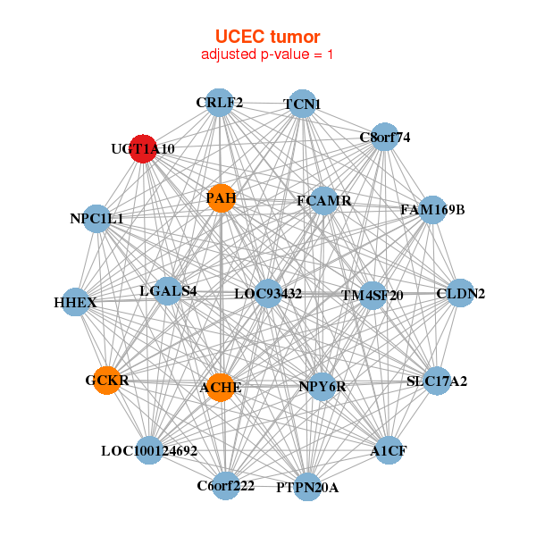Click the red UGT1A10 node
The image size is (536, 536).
pyautogui.click(x=143, y=149)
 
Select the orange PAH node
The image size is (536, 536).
pyautogui.click(x=221, y=197)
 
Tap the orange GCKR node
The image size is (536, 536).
pyautogui.click(x=107, y=381)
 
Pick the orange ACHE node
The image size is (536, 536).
pyautogui.click(x=220, y=388)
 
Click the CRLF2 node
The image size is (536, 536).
pyautogui.click(x=220, y=102)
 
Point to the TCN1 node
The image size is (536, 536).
pyautogui.click(x=302, y=104)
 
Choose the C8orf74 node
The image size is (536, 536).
pyautogui.click(x=384, y=138)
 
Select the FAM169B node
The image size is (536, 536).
pyautogui.click(x=432, y=210)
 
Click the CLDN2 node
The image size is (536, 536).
pyautogui.click(x=459, y=293)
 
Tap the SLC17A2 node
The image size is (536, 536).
pyautogui.click(x=436, y=381)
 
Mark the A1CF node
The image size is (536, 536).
pyautogui.click(x=389, y=450)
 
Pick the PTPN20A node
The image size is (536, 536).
pyautogui.click(x=306, y=487)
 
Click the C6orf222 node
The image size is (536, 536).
pyautogui.click(x=226, y=486)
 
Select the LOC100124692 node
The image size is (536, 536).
pyautogui.click(x=149, y=450)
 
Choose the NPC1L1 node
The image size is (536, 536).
pyautogui.click(x=96, y=218)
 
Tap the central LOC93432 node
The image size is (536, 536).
pyautogui.click(x=268, y=293)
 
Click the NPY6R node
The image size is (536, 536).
pyautogui.click(x=322, y=387)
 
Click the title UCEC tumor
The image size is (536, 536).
pyautogui.click(x=267, y=37)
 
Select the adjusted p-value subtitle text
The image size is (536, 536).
pyautogui.click(x=267, y=54)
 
